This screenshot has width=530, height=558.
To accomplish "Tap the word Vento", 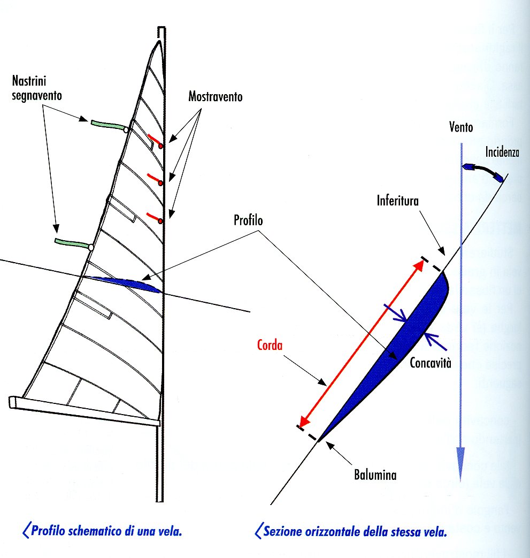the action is [460, 128].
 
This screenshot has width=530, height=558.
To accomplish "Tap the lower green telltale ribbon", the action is [73, 244].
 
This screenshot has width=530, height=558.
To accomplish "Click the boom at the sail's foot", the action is [86, 411].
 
